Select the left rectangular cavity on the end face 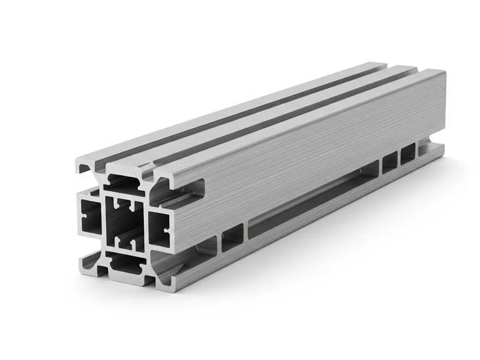click(90, 217)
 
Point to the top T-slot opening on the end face click(125, 181)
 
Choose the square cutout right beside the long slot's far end click(389, 161)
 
